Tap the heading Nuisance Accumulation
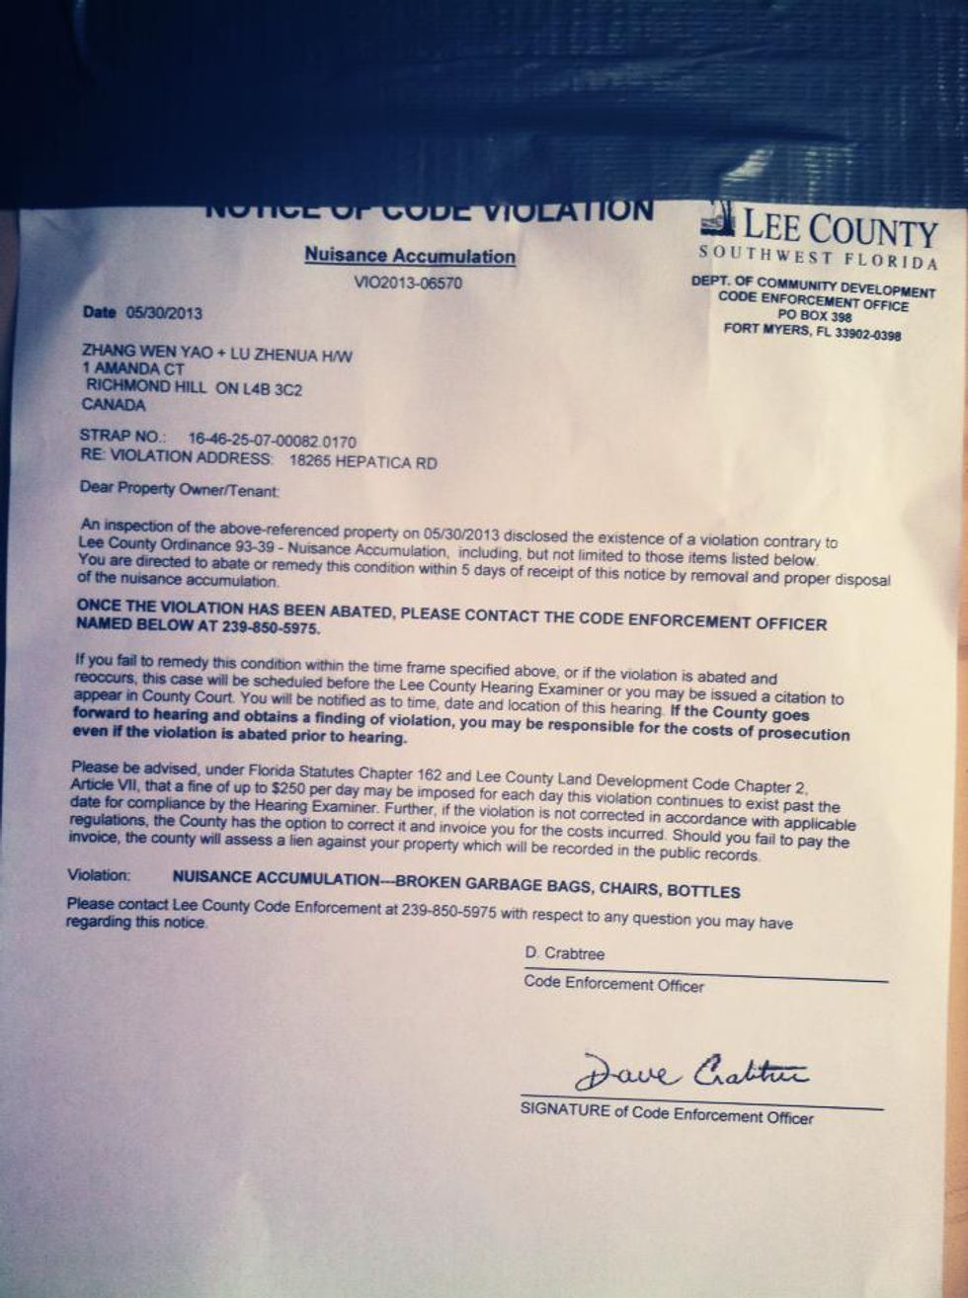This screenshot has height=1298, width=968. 409,256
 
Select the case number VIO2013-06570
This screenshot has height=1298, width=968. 408,284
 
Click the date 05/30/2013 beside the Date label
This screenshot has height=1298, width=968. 164,313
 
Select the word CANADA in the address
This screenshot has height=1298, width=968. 114,405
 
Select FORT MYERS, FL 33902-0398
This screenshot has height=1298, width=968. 812,332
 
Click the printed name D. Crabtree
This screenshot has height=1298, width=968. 564,954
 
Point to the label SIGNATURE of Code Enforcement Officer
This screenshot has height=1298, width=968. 667,1114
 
